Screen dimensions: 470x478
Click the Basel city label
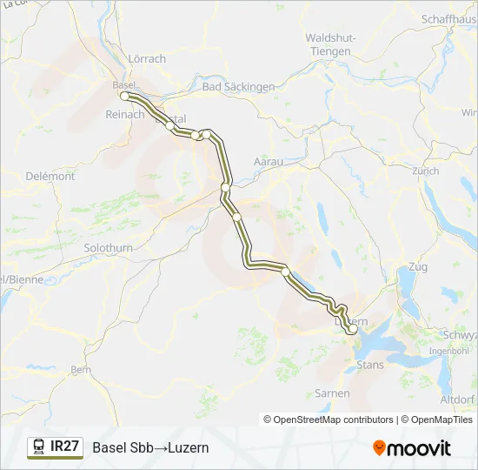click(123, 84)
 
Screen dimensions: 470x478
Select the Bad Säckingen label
click(237, 87)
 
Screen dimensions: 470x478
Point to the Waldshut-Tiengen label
click(329, 44)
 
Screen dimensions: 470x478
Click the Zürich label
click(426, 171)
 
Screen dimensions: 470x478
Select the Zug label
click(417, 266)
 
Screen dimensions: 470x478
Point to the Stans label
click(369, 365)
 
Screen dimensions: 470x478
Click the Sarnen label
click(332, 393)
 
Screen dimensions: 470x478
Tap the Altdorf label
click(458, 399)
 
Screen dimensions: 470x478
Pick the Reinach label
click(124, 114)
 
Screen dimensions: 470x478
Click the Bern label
click(80, 369)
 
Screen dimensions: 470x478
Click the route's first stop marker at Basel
click(125, 97)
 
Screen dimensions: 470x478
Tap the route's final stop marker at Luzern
click(351, 330)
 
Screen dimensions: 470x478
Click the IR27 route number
click(65, 446)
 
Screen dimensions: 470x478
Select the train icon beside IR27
click(39, 447)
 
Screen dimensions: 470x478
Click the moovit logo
click(412, 447)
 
